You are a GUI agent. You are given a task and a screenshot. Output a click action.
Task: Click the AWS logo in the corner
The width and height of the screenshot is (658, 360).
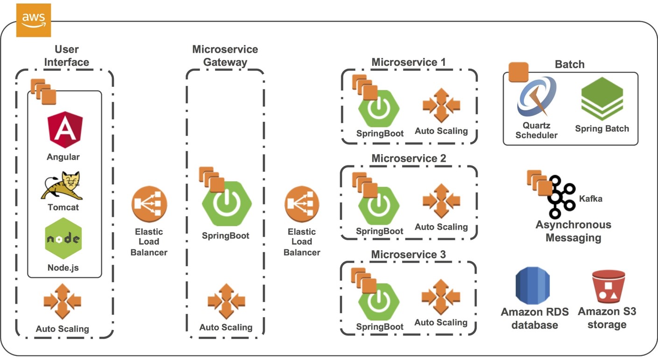pos(33,20)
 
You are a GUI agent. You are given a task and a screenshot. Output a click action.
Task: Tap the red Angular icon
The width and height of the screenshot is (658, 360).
pos(65,127)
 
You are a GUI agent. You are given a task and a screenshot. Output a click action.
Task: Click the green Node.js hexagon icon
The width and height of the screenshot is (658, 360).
pos(63,238)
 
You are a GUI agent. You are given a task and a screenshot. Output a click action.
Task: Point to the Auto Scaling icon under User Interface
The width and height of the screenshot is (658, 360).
pos(62,301)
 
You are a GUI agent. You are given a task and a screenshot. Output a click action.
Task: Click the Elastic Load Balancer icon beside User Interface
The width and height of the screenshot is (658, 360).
pos(149,204)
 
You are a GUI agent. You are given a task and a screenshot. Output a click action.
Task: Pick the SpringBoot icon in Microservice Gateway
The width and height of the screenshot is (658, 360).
pos(227,204)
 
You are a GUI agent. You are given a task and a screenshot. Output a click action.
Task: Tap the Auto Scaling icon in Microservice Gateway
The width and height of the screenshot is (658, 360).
pos(226,301)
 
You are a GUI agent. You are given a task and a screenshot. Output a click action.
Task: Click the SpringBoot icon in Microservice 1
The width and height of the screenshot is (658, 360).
pos(379,108)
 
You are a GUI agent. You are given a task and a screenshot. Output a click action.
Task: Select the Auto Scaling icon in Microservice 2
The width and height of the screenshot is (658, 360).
pos(441,201)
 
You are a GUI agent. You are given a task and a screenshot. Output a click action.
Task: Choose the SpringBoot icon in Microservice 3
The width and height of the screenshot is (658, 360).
pos(379,302)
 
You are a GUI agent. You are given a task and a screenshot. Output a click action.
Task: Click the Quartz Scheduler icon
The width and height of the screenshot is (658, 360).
pos(537,97)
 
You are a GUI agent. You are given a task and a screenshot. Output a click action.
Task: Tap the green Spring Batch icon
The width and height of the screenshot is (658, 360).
pos(602,99)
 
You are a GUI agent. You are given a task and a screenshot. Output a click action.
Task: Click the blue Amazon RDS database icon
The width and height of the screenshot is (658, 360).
pos(533,286)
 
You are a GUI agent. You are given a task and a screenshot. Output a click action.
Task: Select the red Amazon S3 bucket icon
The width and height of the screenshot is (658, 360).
pos(608,287)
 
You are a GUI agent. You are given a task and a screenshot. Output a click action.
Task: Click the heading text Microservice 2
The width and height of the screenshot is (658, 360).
pos(409,158)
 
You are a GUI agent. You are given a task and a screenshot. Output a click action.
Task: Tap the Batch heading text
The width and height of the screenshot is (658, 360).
pos(569,64)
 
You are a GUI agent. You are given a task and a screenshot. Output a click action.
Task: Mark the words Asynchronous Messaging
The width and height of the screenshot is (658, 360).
pos(573,231)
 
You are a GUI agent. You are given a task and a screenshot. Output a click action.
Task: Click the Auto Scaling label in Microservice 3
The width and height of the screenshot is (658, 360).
pos(441,322)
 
